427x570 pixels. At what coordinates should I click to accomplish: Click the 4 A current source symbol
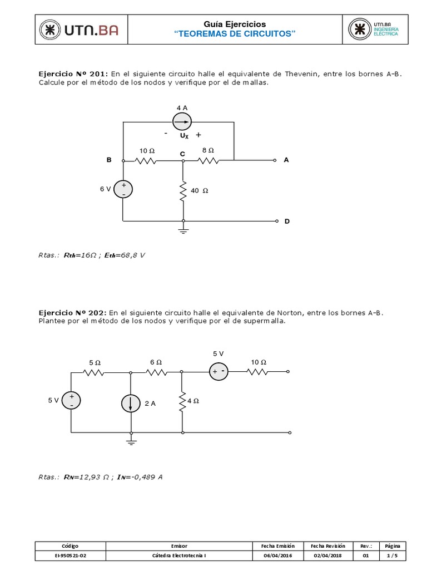tap(182, 121)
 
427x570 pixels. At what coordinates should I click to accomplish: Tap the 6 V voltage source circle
tap(123, 189)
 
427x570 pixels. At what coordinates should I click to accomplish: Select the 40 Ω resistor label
tap(199, 190)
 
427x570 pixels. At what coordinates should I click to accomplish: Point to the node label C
tap(182, 153)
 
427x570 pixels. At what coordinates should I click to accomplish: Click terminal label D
tap(287, 222)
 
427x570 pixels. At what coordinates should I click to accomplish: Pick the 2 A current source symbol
tap(131, 404)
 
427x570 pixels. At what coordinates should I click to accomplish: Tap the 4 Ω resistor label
tap(193, 400)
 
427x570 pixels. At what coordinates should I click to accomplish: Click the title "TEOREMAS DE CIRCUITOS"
tap(235, 35)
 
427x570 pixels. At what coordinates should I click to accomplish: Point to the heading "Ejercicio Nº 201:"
tap(73, 73)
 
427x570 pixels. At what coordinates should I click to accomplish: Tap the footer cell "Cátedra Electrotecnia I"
tap(178, 556)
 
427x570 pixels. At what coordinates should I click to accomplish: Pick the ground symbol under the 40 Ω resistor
tap(183, 229)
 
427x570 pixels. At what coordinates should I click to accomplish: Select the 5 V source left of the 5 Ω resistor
tap(71, 400)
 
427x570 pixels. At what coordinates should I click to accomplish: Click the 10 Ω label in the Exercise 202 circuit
tap(259, 362)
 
